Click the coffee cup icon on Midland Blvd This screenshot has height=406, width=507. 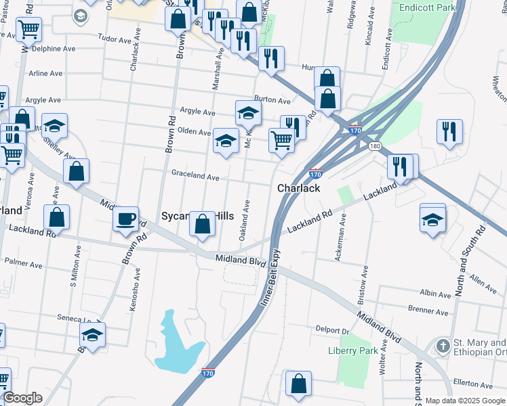click(125, 219)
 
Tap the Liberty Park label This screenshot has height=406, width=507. click(352, 351)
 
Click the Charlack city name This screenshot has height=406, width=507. click(298, 188)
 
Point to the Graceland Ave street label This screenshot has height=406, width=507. click(195, 177)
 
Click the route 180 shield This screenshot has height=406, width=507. click(375, 145)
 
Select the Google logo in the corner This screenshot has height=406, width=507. click(22, 398)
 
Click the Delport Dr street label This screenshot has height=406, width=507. click(331, 331)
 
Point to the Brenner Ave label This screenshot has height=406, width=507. click(428, 313)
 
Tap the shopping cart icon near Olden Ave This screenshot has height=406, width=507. click(282, 140)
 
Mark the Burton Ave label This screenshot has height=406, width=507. click(272, 100)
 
